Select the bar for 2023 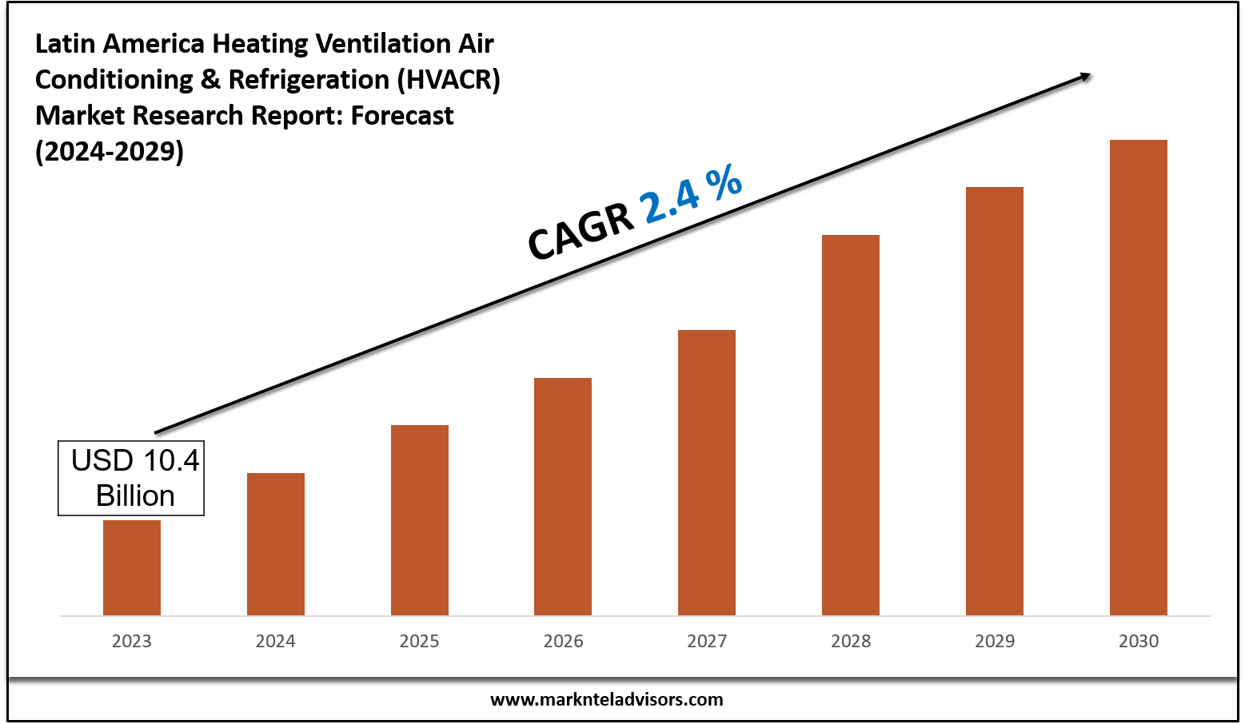click(x=132, y=567)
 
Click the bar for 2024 click(x=276, y=543)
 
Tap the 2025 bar click(x=420, y=519)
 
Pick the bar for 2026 click(x=563, y=495)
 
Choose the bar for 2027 click(x=707, y=471)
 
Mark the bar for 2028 click(x=851, y=424)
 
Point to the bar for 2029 click(x=995, y=400)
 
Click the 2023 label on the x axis click(x=132, y=641)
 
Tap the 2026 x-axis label click(x=563, y=641)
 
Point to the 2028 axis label click(x=851, y=641)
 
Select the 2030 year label click(x=1139, y=641)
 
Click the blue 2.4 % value click(x=692, y=194)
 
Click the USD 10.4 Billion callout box click(x=131, y=478)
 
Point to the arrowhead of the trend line click(x=1085, y=76)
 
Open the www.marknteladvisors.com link click(x=606, y=700)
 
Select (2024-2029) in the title click(x=110, y=151)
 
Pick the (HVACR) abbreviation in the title click(x=449, y=80)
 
